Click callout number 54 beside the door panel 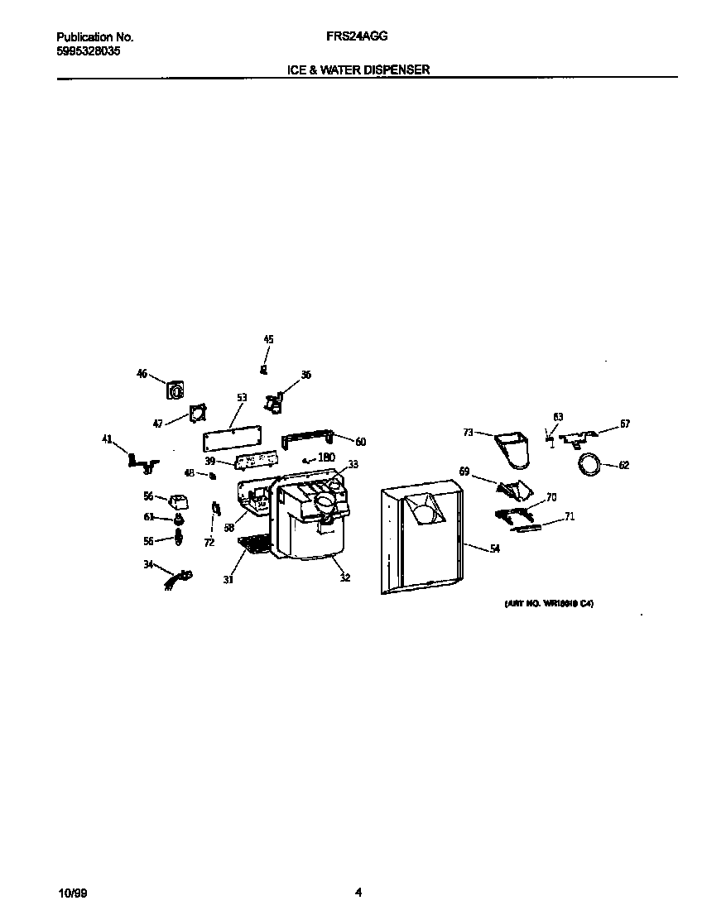pos(495,549)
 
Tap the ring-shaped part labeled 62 pos(590,465)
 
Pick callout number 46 pos(142,374)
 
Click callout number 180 pos(326,457)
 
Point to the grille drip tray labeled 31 pos(256,544)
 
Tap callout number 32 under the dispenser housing pos(344,577)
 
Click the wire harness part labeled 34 pos(179,576)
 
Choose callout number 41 pos(107,439)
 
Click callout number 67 pos(624,424)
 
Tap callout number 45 pos(268,339)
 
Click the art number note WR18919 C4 pos(550,604)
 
